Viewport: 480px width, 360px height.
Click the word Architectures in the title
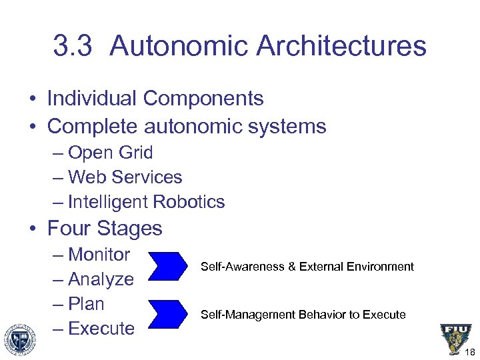(x=341, y=46)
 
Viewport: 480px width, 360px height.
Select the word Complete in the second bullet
(x=93, y=126)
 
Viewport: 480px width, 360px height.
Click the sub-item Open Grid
(x=110, y=153)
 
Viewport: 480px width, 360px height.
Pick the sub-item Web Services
(x=125, y=177)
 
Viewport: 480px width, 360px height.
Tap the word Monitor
(x=99, y=255)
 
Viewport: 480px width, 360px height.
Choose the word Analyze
(x=101, y=279)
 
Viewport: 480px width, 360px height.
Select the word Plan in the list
(x=86, y=304)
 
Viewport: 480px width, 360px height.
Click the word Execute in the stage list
(x=101, y=329)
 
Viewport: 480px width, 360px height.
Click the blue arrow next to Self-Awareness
(x=169, y=265)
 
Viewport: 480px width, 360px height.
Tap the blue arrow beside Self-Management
(x=169, y=313)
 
